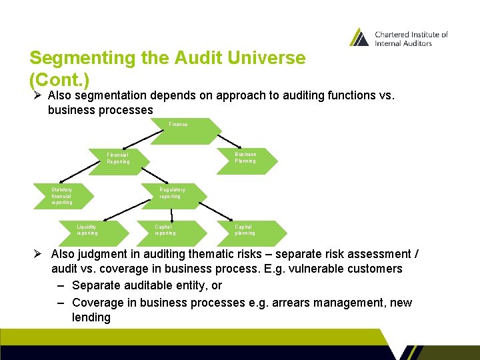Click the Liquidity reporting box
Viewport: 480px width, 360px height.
click(x=93, y=230)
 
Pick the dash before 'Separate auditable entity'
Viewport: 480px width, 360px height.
click(x=61, y=285)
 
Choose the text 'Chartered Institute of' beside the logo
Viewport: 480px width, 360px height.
click(x=411, y=35)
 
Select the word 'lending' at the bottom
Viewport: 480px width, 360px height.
click(x=91, y=317)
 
